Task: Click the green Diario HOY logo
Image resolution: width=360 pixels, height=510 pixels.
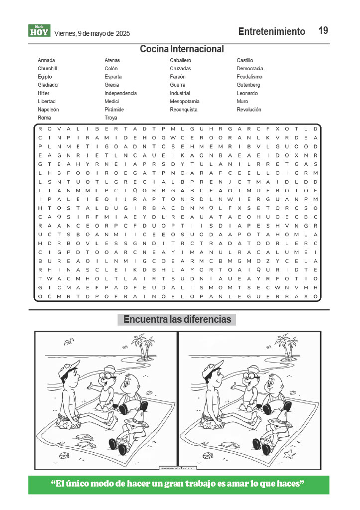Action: click(x=39, y=31)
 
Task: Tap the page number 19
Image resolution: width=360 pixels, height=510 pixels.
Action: click(x=323, y=31)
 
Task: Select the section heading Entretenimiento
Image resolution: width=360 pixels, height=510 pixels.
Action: click(x=271, y=32)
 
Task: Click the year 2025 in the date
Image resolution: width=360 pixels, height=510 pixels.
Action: click(x=123, y=34)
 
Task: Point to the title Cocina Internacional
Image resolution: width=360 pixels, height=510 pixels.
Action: click(x=181, y=49)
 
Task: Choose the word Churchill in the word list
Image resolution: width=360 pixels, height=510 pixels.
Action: click(x=47, y=68)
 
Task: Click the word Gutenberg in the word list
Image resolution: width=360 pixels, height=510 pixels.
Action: click(x=248, y=85)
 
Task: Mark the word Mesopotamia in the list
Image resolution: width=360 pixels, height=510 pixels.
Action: click(x=184, y=101)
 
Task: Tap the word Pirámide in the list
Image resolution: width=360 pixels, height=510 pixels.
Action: click(x=114, y=110)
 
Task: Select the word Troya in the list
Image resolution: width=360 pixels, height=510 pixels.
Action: click(x=111, y=118)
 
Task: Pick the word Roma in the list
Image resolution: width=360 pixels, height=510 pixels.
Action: click(x=44, y=118)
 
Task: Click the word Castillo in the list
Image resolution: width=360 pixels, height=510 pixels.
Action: click(x=244, y=60)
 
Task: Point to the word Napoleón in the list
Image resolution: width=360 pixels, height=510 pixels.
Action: click(x=48, y=110)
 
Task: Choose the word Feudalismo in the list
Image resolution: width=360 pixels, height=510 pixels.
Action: click(x=249, y=77)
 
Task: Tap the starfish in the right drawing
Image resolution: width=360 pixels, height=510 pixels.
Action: click(x=288, y=454)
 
